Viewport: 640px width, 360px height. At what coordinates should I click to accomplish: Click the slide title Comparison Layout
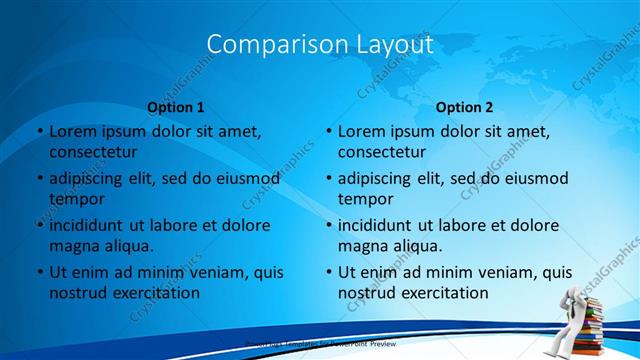320,44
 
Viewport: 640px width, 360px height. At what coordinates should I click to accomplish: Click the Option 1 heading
176,107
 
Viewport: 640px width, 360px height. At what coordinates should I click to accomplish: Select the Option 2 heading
464,107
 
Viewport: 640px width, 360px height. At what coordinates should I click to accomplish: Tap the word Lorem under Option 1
74,131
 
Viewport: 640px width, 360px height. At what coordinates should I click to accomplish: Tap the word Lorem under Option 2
363,131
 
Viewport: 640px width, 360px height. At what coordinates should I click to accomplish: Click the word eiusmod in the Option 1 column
248,178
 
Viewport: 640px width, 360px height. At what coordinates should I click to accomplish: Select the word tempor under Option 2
366,199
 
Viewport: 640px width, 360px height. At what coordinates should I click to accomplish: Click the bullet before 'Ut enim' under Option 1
39,272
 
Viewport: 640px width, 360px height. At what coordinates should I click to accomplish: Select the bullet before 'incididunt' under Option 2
328,225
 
